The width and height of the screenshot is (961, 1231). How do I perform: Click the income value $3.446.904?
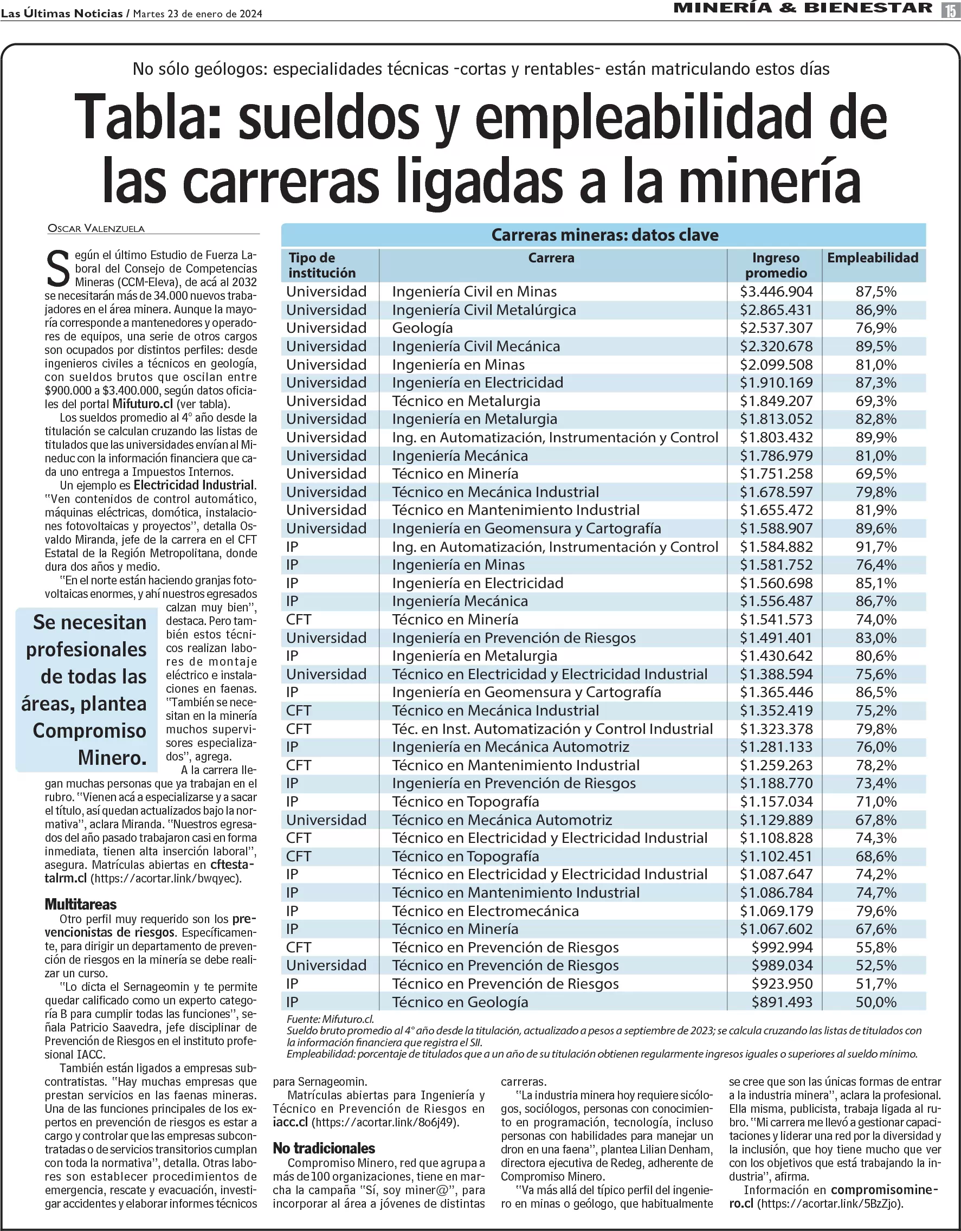tap(776, 292)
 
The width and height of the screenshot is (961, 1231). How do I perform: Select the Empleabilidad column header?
tap(873, 258)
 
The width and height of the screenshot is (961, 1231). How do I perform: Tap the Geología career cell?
tap(422, 328)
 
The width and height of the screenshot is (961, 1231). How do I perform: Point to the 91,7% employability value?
tap(876, 547)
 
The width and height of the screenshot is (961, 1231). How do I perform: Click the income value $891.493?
tap(782, 1002)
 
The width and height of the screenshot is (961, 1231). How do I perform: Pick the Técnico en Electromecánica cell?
tap(485, 911)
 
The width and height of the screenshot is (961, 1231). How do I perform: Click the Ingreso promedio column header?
tap(776, 266)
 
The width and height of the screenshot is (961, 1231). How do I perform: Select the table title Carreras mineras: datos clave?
tap(604, 235)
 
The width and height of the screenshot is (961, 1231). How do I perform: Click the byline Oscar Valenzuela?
tap(96, 229)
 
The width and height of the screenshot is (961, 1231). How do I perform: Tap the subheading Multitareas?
tap(81, 905)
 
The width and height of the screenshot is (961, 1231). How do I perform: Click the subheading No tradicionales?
tap(324, 1148)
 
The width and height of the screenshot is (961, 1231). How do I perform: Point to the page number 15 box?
tap(950, 10)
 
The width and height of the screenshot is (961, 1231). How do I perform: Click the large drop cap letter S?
tap(57, 270)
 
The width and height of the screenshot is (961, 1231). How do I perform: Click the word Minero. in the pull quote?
tap(112, 758)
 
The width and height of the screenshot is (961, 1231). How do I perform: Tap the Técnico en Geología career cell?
tap(460, 1002)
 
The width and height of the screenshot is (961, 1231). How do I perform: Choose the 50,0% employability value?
tap(876, 1002)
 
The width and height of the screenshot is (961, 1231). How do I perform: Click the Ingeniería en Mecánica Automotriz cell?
tap(511, 747)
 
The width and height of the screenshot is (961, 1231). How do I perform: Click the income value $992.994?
tap(782, 948)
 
